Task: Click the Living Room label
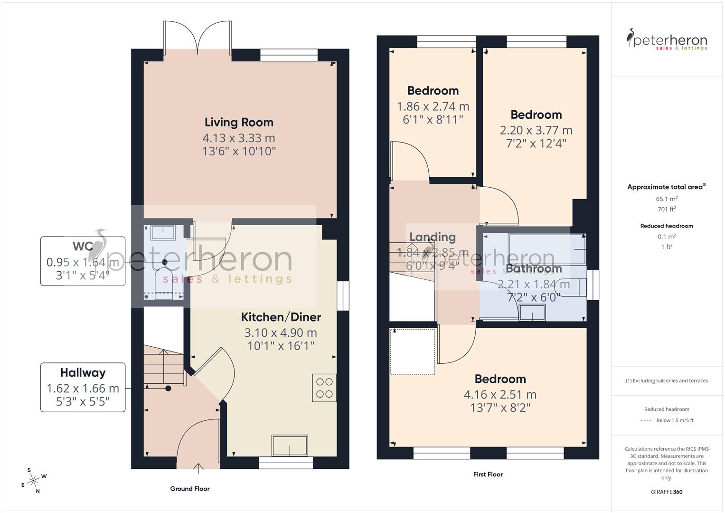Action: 239,123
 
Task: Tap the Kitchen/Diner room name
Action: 281,317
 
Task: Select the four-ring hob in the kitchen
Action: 324,388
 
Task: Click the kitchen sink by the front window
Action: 290,446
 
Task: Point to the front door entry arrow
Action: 198,468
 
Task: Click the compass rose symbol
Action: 33,481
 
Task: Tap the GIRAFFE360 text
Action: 667,492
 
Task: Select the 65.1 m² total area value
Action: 667,199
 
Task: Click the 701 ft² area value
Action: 667,209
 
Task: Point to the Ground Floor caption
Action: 190,488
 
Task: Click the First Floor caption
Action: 488,474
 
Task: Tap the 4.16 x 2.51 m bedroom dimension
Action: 500,394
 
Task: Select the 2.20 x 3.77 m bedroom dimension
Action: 536,130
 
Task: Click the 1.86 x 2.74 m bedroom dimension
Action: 433,106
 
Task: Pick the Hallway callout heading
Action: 83,373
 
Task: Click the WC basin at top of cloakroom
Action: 163,232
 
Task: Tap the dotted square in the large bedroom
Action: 413,351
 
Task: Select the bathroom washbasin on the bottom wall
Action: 532,313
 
